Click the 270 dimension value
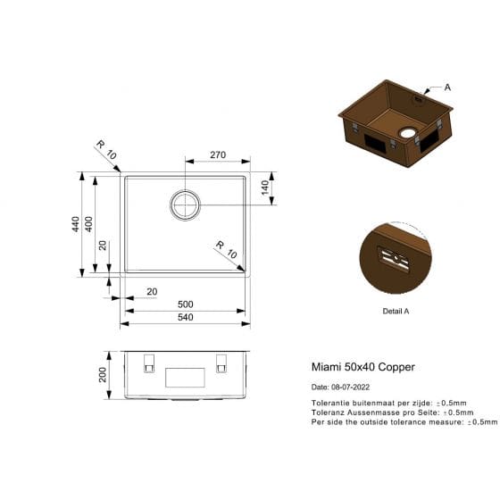[217, 154]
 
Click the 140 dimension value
[264, 188]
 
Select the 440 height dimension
[76, 224]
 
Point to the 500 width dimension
[186, 304]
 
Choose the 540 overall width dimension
[186, 317]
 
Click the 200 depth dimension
[104, 373]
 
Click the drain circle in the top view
[186, 204]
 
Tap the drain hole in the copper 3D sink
[407, 134]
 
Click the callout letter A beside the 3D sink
[447, 87]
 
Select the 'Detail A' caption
[395, 311]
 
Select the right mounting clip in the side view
[221, 364]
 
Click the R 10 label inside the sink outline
[225, 249]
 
